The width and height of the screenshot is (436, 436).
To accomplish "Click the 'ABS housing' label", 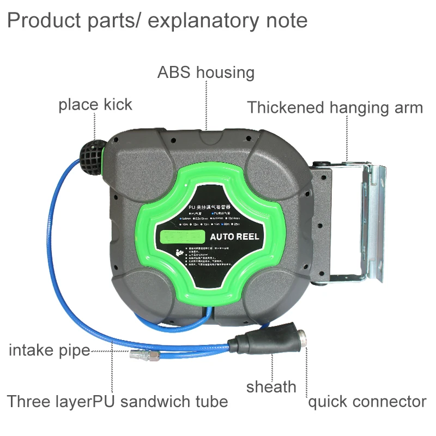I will tap(205, 72).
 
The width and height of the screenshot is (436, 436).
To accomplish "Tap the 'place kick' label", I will tap(95, 104).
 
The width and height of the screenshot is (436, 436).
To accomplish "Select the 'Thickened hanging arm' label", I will tap(335, 107).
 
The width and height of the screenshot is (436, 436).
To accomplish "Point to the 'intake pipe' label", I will tap(49, 350).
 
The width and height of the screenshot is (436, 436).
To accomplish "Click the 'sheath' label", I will tap(271, 387).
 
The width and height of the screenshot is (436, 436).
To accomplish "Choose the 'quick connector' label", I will tap(367, 402).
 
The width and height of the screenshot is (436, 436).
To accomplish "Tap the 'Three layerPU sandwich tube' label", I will tap(117, 402).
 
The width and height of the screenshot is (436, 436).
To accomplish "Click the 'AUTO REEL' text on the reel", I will tap(235, 237).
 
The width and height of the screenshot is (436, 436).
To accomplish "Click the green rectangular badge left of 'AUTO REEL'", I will tap(181, 237).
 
